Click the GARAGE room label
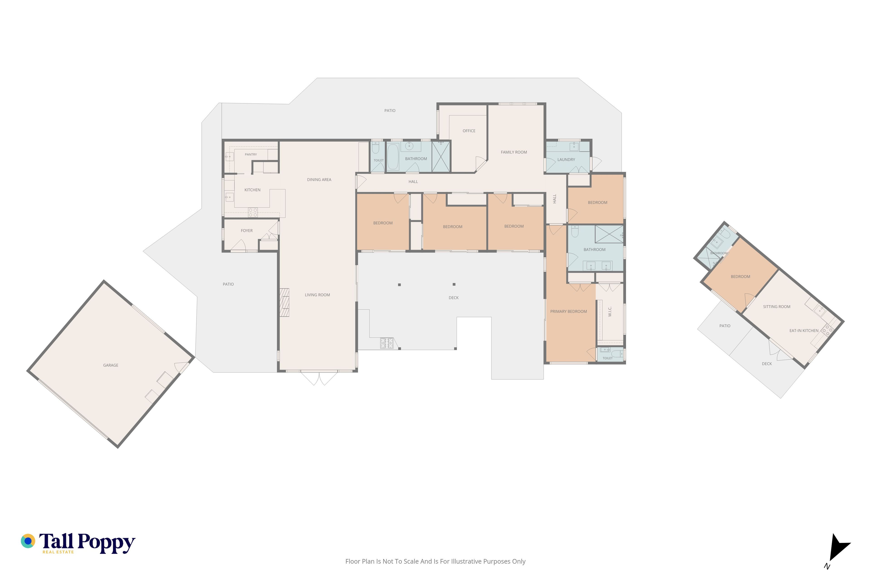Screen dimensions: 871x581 [111, 365]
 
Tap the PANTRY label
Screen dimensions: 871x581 [251, 155]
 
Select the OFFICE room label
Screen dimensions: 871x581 [469, 131]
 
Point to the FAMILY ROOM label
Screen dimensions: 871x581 [514, 152]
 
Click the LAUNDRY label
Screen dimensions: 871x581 [566, 160]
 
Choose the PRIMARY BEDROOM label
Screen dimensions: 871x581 [568, 312]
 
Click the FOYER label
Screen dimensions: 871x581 [247, 231]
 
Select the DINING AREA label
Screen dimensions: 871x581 [319, 180]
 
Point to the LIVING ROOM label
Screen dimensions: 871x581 [317, 295]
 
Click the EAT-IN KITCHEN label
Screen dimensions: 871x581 [804, 330]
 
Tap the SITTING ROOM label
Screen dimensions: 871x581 [777, 307]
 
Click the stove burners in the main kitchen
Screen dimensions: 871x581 [253, 212]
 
